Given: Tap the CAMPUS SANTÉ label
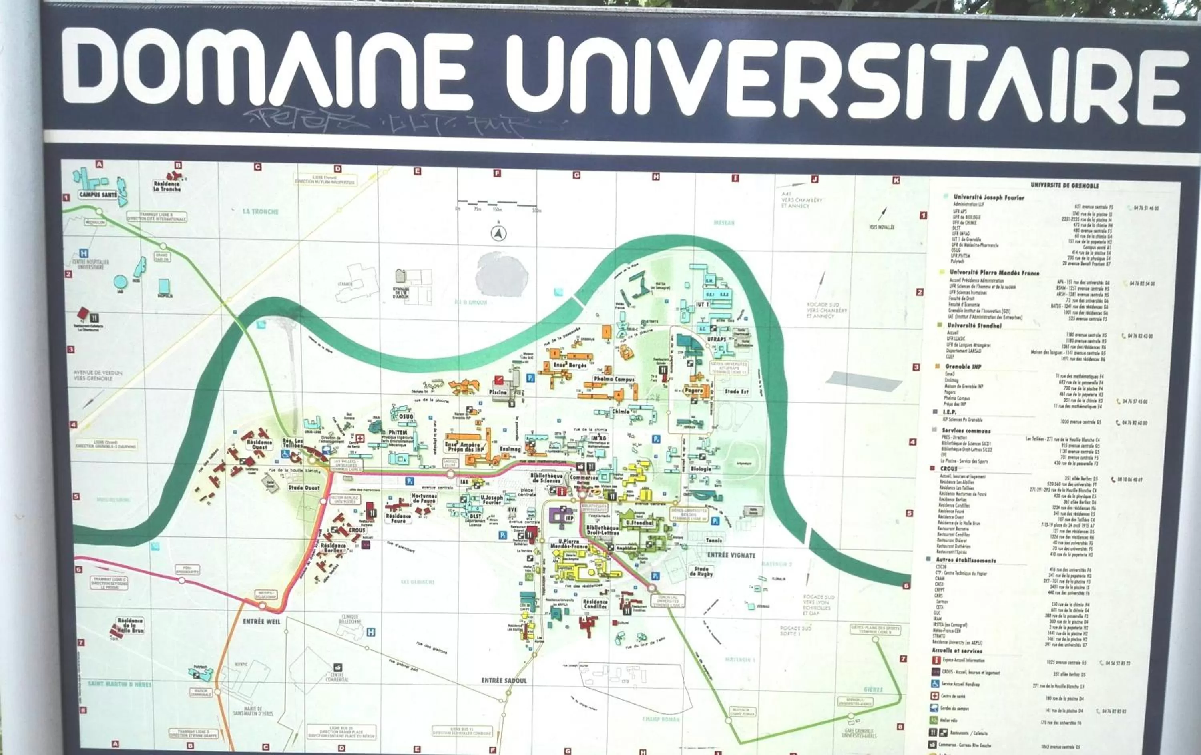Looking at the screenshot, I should coord(98,195).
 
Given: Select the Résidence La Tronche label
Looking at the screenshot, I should coord(167,187).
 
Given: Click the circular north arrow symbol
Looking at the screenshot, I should coord(498,233).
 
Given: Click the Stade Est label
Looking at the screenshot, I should coord(737,392).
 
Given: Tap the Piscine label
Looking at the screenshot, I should coord(498,392).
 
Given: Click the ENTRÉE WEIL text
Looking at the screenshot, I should coord(261,622).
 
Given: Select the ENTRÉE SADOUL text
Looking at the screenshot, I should coord(504,681).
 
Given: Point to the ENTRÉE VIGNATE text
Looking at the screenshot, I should coord(731,555).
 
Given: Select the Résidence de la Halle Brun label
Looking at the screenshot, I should coord(130,625).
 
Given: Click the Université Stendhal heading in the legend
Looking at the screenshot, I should coord(974,325).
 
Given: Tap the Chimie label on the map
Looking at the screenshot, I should coord(621,412).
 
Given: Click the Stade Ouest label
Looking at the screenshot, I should coord(304,488).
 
